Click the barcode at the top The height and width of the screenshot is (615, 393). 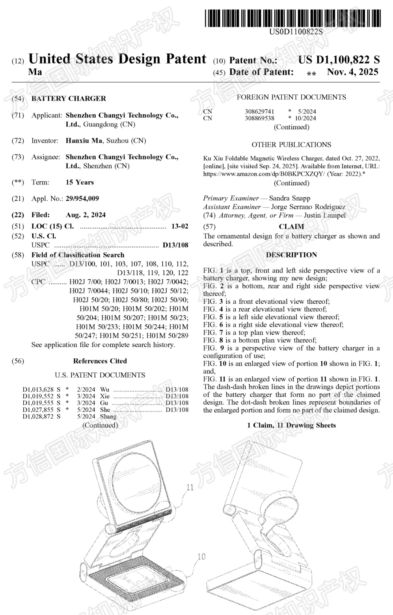click(293, 18)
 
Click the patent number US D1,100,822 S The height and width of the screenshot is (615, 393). click(339, 60)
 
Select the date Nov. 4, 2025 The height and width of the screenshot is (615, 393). click(353, 72)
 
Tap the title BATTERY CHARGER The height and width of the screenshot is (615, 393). click(69, 98)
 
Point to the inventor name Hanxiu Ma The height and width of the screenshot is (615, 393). click(84, 141)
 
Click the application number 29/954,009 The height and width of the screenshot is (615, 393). click(82, 198)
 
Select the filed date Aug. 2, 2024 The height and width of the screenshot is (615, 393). click(86, 215)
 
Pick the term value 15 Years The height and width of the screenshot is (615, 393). click(80, 182)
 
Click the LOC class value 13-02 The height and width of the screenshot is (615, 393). click(180, 226)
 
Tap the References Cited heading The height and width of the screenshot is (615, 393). click(100, 361)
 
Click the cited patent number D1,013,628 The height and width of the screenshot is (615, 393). click(38, 389)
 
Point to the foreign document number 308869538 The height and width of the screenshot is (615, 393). click(259, 118)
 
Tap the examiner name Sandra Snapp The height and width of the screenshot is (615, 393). click(290, 198)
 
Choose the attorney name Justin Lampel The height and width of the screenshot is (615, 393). click(325, 215)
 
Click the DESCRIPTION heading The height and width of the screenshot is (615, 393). click(291, 255)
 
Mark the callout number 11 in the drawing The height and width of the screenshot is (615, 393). click(190, 487)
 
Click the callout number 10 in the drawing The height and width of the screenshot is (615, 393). click(201, 556)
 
